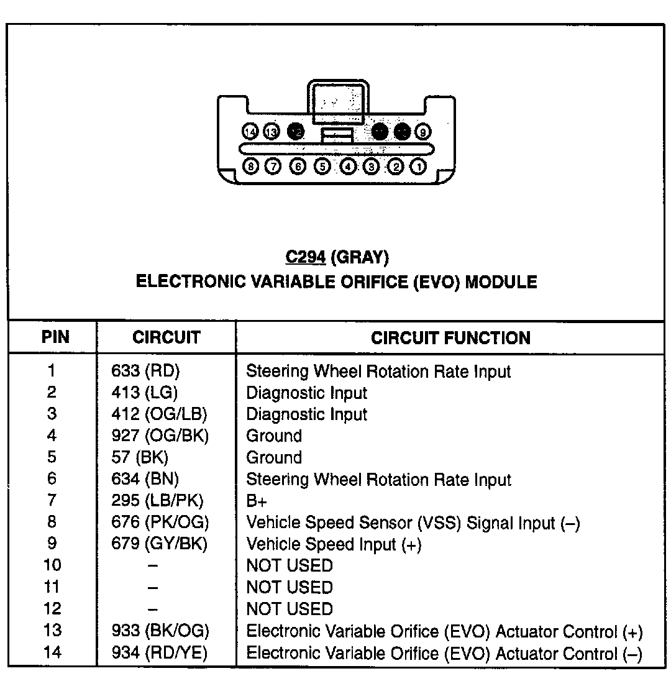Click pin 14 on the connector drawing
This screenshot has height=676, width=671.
pyautogui.click(x=250, y=132)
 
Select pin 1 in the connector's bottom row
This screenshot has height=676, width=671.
pyautogui.click(x=419, y=167)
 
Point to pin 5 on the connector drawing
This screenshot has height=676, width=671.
pyautogui.click(x=322, y=167)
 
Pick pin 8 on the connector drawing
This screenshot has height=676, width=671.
pyautogui.click(x=250, y=167)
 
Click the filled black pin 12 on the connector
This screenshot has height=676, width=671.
pyautogui.click(x=296, y=132)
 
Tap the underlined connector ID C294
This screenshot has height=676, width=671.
pyautogui.click(x=306, y=257)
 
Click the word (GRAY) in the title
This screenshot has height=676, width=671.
pyautogui.click(x=361, y=257)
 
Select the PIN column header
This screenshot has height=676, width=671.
pyautogui.click(x=55, y=337)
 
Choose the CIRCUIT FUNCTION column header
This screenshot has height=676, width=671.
pyautogui.click(x=450, y=338)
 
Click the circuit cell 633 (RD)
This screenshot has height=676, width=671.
pyautogui.click(x=145, y=372)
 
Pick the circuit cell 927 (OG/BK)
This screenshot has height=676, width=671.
pyautogui.click(x=160, y=436)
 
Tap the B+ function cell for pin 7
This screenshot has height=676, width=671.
pyautogui.click(x=257, y=501)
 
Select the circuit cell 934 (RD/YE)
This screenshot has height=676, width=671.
pyautogui.click(x=160, y=653)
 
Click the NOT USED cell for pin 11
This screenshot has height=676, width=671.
pyautogui.click(x=290, y=587)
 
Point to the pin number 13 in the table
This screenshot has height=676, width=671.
pyautogui.click(x=52, y=631)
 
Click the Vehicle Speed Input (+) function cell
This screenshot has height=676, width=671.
pyautogui.click(x=334, y=544)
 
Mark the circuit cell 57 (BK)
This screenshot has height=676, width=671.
pyautogui.click(x=140, y=458)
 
